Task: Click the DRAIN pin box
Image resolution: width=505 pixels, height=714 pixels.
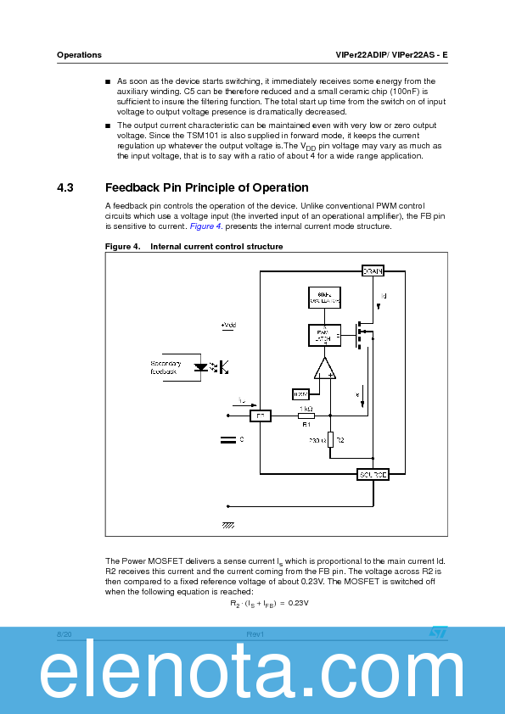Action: (x=373, y=271)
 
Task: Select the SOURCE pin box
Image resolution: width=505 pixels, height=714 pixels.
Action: (x=373, y=475)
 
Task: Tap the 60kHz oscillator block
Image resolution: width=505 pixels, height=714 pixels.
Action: (x=323, y=298)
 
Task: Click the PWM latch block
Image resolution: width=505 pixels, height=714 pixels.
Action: (x=323, y=336)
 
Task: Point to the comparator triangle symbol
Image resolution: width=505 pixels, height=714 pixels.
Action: (x=323, y=368)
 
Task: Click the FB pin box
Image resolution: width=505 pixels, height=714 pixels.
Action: (x=260, y=416)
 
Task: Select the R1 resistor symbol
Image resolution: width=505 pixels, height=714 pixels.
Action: (x=306, y=416)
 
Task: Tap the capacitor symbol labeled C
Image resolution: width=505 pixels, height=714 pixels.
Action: (x=227, y=439)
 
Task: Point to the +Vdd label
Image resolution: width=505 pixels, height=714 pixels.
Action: (x=228, y=325)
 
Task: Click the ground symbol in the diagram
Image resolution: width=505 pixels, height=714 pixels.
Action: (x=228, y=526)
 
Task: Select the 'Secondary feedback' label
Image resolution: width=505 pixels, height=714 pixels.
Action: (x=165, y=367)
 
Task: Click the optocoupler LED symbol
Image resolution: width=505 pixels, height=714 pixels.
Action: (x=201, y=367)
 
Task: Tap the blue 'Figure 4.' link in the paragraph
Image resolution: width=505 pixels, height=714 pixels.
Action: (x=205, y=226)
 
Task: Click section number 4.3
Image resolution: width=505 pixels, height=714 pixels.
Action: (x=65, y=188)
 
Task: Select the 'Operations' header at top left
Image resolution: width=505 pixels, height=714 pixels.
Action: (x=79, y=55)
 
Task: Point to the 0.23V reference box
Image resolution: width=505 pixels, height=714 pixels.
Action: (x=300, y=394)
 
